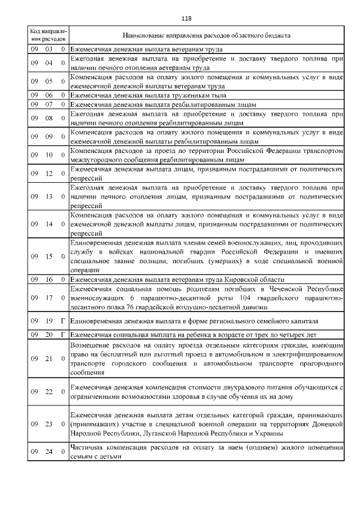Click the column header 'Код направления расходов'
pos(48,35)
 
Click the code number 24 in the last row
pos(49,452)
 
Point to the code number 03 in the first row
pos(49,49)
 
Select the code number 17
pos(49,298)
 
